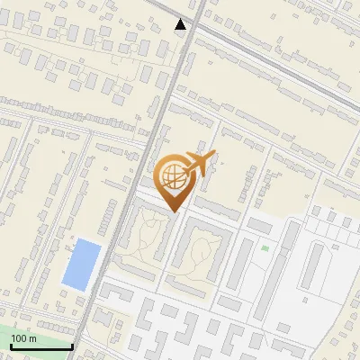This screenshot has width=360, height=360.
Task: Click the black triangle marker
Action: pyautogui.click(x=181, y=24)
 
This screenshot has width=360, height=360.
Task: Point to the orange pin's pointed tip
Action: pyautogui.click(x=174, y=212)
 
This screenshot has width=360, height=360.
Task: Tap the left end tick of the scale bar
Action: pyautogui.click(x=11, y=346)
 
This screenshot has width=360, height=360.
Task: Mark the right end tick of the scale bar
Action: pyautogui.click(x=72, y=346)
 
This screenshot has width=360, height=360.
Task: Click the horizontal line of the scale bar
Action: pyautogui.click(x=41, y=347)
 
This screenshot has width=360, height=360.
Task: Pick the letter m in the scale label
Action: pyautogui.click(x=32, y=338)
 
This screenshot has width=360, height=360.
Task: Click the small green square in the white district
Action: pyautogui.click(x=265, y=248)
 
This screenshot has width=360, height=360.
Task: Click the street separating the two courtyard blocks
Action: pyautogui.click(x=168, y=252)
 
